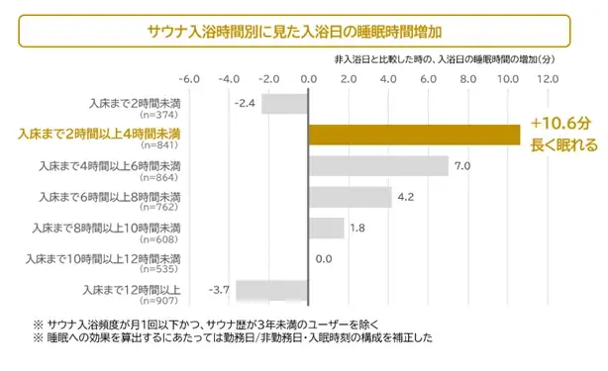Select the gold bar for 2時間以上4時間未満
point(414,135)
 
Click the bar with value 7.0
point(378,166)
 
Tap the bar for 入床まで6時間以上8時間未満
point(350,197)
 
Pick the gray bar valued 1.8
point(326,228)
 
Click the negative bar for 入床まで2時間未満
point(284,103)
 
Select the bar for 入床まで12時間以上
point(271,290)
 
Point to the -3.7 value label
point(219,288)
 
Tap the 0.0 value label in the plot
point(323,259)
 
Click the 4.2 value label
point(405,197)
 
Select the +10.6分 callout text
point(559,124)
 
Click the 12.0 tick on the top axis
point(547,77)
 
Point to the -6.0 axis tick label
point(188,77)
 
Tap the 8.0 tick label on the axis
point(467,77)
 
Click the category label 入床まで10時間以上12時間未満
point(120,258)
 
